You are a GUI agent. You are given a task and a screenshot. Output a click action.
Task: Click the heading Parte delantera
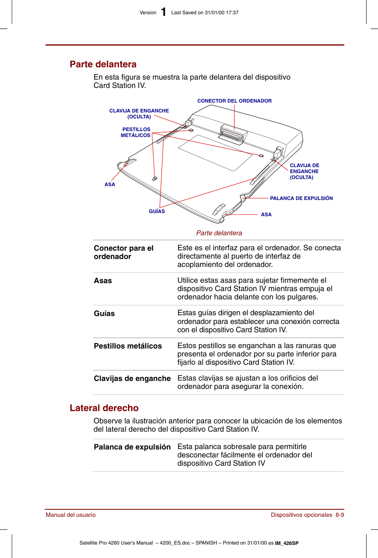click(103, 64)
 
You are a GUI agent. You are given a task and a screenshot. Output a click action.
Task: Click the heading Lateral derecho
click(104, 408)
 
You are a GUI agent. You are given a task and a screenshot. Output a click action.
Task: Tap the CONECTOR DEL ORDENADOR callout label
click(234, 101)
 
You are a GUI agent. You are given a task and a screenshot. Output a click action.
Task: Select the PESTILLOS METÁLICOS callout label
click(136, 132)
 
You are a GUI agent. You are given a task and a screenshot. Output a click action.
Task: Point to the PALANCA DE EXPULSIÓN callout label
click(301, 198)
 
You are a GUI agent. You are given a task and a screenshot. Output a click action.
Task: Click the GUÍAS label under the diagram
click(157, 211)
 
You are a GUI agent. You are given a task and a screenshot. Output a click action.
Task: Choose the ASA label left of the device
click(110, 185)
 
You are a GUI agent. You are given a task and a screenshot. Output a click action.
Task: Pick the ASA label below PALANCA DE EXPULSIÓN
click(266, 215)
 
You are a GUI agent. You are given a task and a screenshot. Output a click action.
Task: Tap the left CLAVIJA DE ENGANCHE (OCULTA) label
click(139, 114)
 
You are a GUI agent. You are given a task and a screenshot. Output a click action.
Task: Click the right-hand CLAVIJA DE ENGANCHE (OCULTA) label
click(304, 171)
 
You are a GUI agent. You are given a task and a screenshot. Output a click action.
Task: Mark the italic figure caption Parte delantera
click(219, 233)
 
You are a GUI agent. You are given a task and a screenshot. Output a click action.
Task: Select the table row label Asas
click(103, 281)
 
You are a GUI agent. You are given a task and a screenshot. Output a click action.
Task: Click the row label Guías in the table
click(104, 314)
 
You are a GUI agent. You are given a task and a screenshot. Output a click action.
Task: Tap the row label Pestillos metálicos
click(128, 346)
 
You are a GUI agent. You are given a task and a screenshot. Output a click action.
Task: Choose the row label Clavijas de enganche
click(132, 379)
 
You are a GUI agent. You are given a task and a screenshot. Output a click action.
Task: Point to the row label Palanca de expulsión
click(132, 447)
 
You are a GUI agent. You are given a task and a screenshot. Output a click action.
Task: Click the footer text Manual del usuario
click(71, 515)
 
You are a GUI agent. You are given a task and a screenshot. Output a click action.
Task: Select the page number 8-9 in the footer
click(340, 515)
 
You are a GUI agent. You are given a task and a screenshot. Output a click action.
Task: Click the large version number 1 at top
click(164, 12)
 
